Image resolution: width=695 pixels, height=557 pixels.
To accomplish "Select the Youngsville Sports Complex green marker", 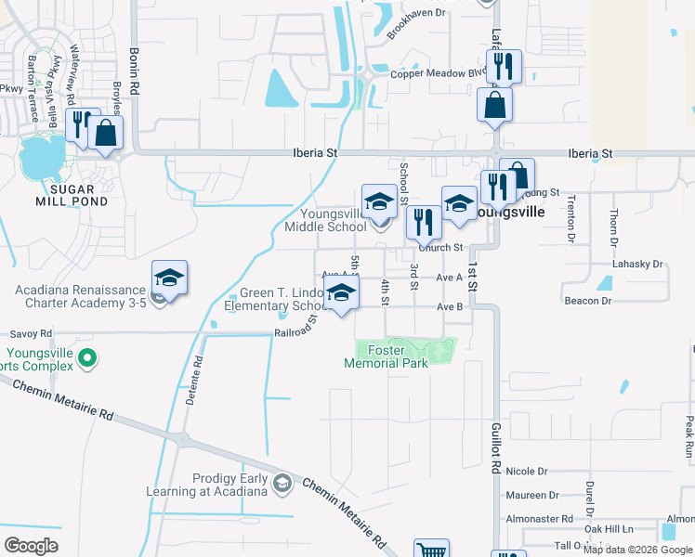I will click(87, 356).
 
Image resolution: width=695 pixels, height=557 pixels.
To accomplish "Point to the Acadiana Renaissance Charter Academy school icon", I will click(169, 278).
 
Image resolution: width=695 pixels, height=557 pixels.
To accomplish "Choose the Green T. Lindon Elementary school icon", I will click(342, 294).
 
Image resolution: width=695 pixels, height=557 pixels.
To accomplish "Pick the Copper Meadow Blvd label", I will click(439, 74).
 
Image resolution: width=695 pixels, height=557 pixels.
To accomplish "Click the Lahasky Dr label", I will click(640, 264).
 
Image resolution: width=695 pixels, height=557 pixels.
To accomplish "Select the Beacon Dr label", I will click(588, 301).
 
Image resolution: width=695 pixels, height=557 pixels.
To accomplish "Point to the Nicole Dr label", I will click(527, 472).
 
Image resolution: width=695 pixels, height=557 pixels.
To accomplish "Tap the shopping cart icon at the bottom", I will click(430, 549).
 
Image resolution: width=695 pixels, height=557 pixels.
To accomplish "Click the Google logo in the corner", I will click(31, 546).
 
